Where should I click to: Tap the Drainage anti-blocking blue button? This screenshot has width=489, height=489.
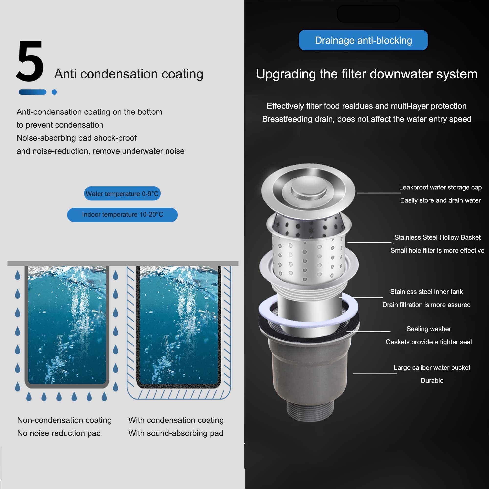[363, 40]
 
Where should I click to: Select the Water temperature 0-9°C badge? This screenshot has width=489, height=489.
[122, 194]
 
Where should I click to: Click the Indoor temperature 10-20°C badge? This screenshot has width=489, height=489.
[122, 215]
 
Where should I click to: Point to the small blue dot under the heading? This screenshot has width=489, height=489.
[54, 92]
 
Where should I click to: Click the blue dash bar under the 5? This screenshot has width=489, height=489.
[33, 92]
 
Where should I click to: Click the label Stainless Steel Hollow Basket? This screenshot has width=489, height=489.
[437, 237]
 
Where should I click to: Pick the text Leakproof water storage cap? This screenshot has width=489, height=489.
[440, 187]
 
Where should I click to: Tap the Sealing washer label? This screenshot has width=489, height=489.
[429, 329]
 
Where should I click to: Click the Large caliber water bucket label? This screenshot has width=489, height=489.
[432, 367]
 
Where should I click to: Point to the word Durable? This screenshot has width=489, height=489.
[432, 380]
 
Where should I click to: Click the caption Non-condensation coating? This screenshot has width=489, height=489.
[64, 420]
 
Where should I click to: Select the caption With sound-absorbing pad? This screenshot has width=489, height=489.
[176, 433]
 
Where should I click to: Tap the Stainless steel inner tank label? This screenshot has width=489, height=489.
[426, 292]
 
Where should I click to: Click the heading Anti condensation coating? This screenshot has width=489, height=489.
[129, 74]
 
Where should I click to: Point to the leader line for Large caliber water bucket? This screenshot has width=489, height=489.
[375, 374]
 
